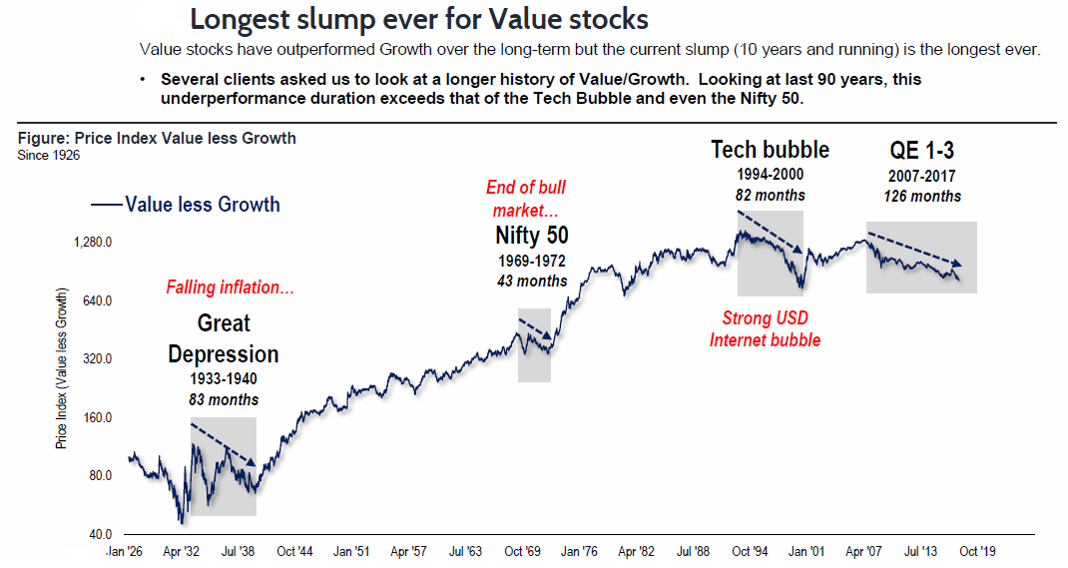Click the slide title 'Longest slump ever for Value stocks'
click(x=418, y=19)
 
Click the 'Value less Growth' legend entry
click(x=202, y=205)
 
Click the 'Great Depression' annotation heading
click(x=224, y=338)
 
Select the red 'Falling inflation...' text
click(x=230, y=287)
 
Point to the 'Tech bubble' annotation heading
click(x=770, y=150)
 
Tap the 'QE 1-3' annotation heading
click(x=921, y=150)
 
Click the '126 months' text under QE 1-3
click(x=921, y=196)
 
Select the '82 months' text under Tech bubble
click(x=770, y=196)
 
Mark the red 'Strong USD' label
click(x=766, y=318)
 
